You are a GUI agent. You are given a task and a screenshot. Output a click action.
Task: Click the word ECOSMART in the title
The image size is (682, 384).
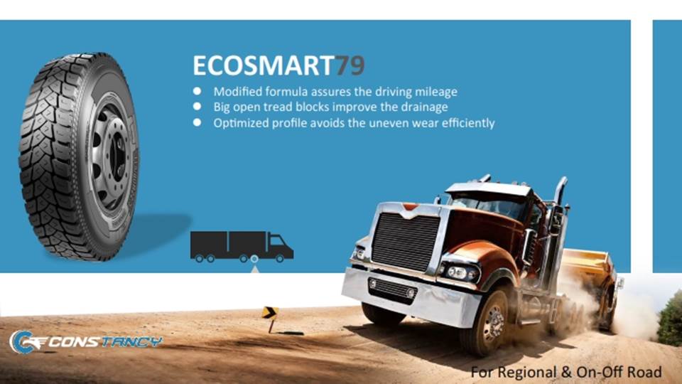[x=263, y=65]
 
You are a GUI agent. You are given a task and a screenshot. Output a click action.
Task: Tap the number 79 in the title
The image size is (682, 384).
[x=350, y=65]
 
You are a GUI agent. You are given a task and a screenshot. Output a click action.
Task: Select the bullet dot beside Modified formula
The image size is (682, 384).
[x=197, y=91]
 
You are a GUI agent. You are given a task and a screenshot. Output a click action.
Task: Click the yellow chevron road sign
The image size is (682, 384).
[x=270, y=313]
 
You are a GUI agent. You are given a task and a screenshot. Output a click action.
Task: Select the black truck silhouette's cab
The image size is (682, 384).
[x=281, y=247]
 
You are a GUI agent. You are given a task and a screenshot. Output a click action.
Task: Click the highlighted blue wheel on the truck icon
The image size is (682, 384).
[x=254, y=259]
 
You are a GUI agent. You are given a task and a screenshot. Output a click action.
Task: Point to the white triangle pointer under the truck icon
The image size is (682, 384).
[x=255, y=270]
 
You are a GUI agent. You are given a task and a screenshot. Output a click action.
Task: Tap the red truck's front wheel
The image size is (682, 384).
[x=487, y=323]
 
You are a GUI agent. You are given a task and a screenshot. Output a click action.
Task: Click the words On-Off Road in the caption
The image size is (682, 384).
[x=619, y=372]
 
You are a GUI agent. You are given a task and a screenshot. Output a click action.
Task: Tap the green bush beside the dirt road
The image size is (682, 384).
[x=670, y=320]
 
